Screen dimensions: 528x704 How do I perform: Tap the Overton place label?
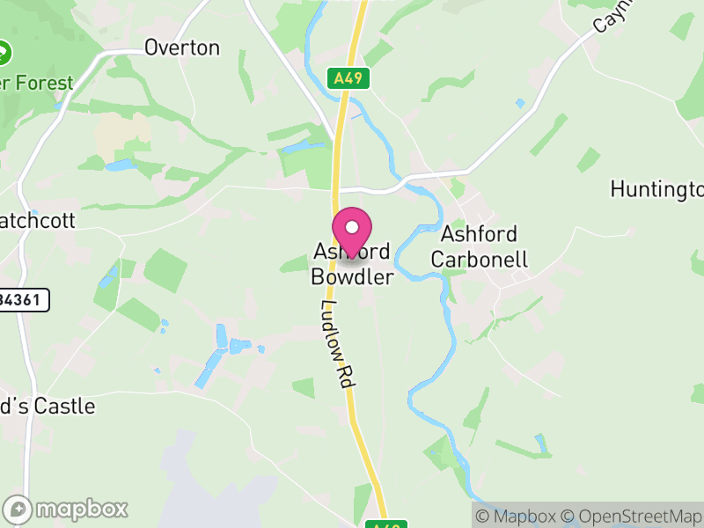[x=182, y=48]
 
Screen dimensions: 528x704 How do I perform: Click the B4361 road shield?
[x=23, y=300]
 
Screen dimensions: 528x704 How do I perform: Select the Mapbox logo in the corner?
[x=67, y=509]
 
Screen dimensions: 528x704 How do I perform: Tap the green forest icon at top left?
[x=6, y=52]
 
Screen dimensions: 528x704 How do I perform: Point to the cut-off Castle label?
[x=48, y=407]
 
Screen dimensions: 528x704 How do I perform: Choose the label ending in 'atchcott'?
[x=39, y=219]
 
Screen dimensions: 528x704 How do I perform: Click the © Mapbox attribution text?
[x=516, y=517]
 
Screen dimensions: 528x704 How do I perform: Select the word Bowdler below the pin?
[x=352, y=276]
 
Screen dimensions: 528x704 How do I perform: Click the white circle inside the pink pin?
[x=352, y=227]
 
